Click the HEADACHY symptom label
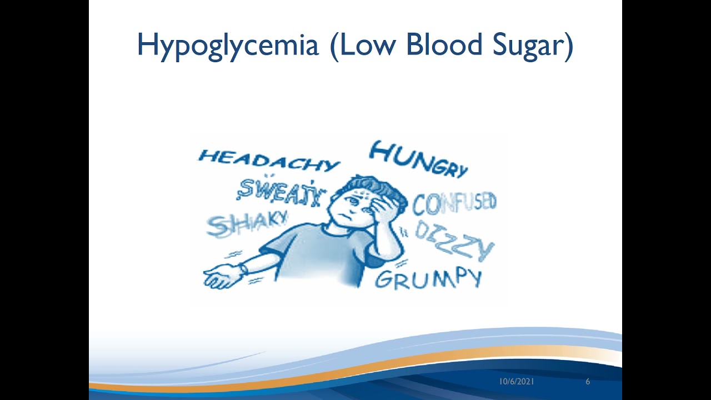pos(269,160)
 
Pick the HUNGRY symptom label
pos(418,159)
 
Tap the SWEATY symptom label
pos(281,192)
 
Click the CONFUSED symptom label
pos(454,203)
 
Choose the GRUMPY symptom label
pos(428,279)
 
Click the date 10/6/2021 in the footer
pos(517,381)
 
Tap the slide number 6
pos(588,381)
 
